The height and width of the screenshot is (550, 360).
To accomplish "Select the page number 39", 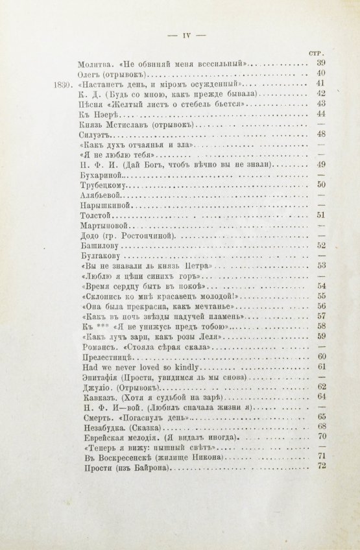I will coord(320,64).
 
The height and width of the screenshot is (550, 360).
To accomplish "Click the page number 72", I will coord(320,468).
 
